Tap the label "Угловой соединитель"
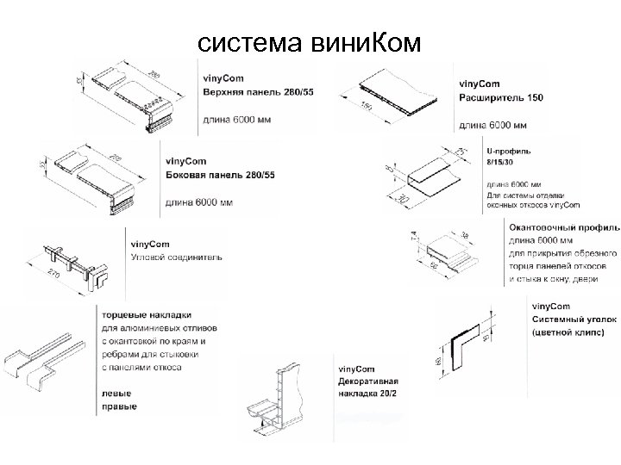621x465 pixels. [x=176, y=257]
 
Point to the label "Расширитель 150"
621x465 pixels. [x=500, y=98]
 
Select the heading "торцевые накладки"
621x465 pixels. [x=147, y=315]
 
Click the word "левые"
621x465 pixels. [x=116, y=394]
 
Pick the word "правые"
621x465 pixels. [x=119, y=406]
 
